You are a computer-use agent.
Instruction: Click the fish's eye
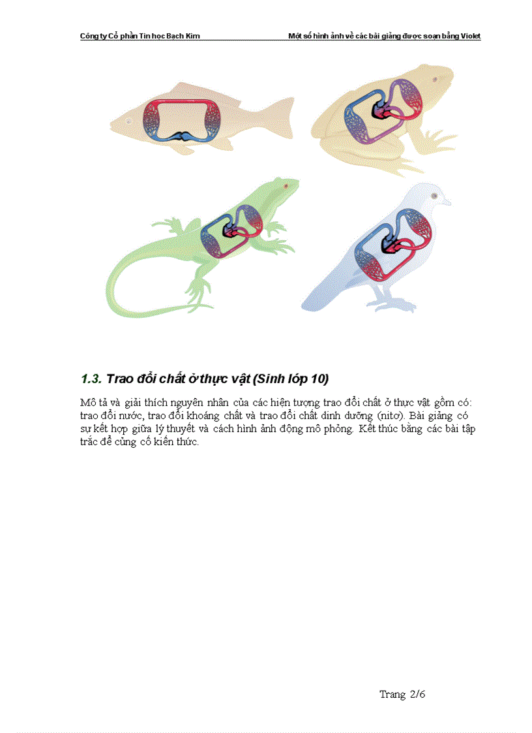[x=129, y=121]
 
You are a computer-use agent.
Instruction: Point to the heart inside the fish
[x=183, y=136]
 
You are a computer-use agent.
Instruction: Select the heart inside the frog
[x=383, y=112]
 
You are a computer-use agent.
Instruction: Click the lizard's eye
[x=286, y=186]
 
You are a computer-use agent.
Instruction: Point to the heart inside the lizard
[x=231, y=230]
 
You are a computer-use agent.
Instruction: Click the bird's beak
[x=447, y=202]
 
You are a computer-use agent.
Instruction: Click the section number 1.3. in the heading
[x=91, y=379]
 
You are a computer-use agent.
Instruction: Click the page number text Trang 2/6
[x=402, y=694]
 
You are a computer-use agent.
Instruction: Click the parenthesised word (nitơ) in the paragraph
[x=391, y=416]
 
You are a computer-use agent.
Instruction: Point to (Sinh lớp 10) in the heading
[x=291, y=379]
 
